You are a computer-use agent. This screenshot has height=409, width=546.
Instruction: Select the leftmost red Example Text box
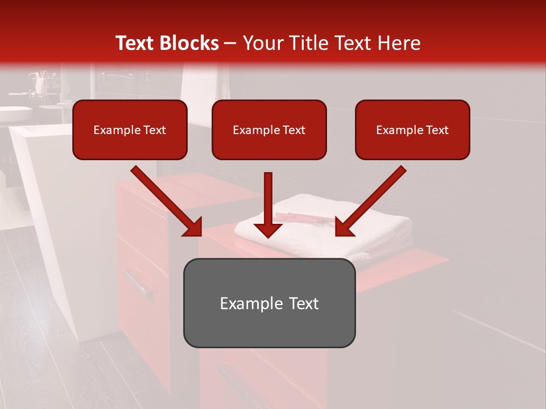[130, 130]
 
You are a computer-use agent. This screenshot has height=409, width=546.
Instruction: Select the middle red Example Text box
[269, 130]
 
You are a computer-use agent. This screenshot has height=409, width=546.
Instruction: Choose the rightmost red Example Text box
[412, 130]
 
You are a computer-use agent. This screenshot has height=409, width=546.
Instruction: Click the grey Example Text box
[269, 303]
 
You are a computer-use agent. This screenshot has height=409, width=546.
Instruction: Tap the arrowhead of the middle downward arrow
[268, 229]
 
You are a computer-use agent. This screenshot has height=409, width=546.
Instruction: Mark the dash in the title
[230, 43]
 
